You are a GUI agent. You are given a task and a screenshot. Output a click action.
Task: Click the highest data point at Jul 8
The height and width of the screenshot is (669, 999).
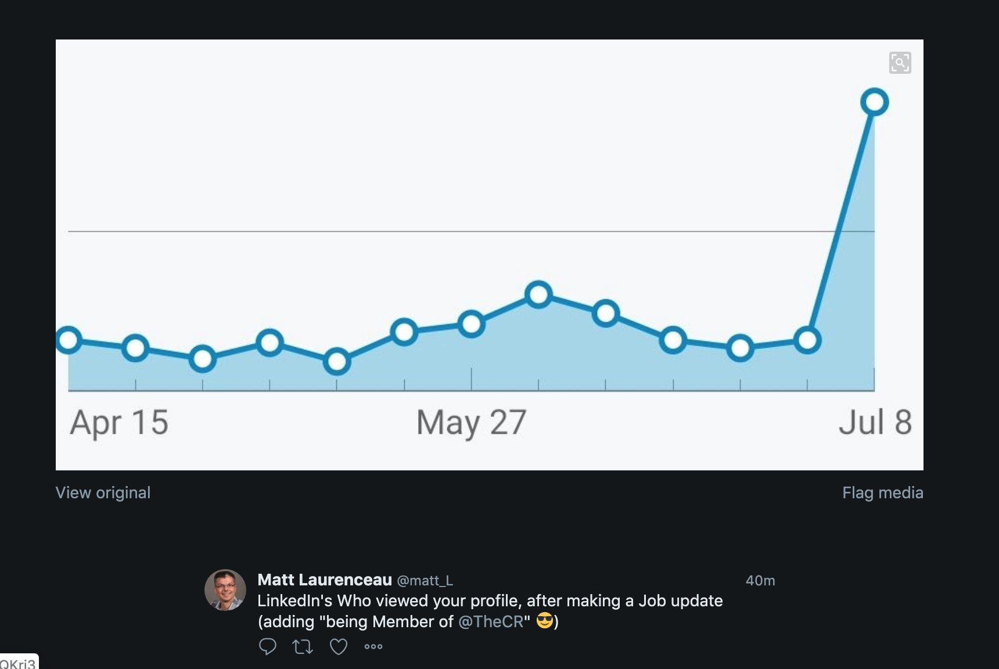874,102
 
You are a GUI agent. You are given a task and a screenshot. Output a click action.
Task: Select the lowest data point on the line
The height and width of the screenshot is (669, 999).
337,361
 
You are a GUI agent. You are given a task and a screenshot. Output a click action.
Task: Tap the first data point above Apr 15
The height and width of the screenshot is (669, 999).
69,340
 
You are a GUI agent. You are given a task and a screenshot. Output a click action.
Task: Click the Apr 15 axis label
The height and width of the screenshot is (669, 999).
119,422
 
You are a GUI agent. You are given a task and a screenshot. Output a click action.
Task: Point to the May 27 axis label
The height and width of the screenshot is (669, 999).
471,422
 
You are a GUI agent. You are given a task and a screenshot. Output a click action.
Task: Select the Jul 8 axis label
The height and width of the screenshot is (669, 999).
875,422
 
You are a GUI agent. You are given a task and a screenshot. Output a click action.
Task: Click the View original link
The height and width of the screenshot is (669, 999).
103,492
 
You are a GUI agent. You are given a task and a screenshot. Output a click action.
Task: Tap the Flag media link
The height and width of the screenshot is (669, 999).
882,492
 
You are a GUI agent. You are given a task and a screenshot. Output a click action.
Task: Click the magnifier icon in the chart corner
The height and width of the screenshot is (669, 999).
900,63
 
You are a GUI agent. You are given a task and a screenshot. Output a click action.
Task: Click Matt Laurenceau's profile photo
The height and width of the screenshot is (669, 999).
225,590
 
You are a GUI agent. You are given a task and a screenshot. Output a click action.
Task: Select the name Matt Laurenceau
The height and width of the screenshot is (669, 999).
325,580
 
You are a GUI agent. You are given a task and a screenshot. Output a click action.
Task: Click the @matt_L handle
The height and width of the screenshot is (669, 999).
425,580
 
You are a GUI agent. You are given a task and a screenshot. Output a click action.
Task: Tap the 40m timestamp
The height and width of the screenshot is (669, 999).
760,580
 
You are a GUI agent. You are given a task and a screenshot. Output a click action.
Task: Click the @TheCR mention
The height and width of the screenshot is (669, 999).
491,621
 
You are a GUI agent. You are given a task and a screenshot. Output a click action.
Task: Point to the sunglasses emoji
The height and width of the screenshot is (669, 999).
545,621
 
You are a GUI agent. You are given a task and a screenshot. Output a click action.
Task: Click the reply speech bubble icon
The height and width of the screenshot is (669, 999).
267,646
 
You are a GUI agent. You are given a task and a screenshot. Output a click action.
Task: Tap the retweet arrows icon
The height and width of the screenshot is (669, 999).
303,646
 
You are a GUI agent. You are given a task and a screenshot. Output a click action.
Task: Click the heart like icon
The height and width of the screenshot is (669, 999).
339,646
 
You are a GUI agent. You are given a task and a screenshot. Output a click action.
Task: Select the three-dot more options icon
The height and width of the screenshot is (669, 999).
373,646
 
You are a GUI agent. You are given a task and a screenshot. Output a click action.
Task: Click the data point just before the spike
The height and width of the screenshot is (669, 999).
807,340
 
